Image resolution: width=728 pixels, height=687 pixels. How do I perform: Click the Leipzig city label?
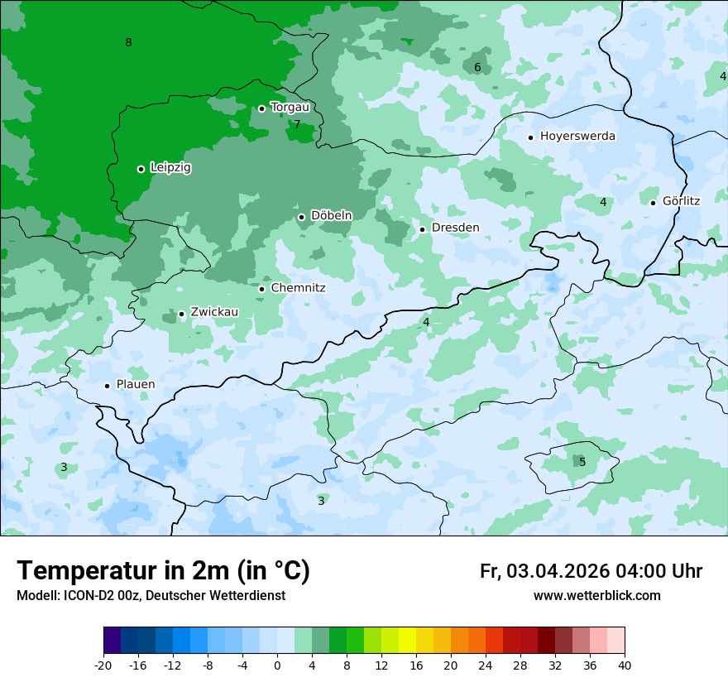(x=170, y=168)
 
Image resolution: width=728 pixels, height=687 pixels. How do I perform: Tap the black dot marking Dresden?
(x=422, y=229)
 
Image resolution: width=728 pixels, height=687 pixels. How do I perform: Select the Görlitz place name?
(x=681, y=201)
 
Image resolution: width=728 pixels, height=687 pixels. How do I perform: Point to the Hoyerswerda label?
(x=577, y=137)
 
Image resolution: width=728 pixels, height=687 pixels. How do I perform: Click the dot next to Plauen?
(x=107, y=386)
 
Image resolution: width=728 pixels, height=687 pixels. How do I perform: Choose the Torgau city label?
(x=290, y=108)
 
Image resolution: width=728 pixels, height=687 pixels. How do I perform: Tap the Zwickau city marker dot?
(x=181, y=314)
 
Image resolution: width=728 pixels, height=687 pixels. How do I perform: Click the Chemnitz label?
(x=298, y=288)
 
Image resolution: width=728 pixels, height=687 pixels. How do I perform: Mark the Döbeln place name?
(x=331, y=216)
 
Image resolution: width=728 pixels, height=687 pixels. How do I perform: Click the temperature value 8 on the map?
(x=128, y=43)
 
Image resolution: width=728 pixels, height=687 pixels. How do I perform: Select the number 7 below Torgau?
(x=297, y=125)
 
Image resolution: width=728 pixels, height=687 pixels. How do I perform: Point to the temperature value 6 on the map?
(x=477, y=68)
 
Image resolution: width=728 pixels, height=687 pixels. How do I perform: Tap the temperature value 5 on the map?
(x=582, y=462)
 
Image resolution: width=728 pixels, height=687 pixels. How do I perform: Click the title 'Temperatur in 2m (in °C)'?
(x=163, y=571)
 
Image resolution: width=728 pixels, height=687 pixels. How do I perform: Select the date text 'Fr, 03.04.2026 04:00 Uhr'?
(x=591, y=571)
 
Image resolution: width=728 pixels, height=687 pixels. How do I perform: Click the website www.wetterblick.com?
(x=596, y=596)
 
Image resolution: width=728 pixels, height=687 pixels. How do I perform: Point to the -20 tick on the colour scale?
(x=103, y=665)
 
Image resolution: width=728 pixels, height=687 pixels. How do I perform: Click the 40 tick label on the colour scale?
(x=624, y=665)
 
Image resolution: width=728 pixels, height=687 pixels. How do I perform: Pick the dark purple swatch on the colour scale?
(x=113, y=641)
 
